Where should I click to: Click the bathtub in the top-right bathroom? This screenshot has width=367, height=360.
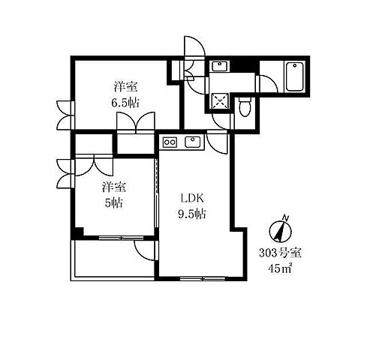point(294,76)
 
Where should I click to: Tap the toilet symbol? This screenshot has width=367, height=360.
point(245,106)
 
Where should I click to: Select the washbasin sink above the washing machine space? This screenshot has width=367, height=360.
point(220,66)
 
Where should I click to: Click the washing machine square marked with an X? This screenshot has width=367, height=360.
point(220,101)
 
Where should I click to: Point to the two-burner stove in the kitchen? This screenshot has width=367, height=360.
point(170,142)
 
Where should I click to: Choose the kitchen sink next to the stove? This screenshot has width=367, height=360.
point(192,142)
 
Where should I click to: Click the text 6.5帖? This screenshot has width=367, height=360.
point(125,103)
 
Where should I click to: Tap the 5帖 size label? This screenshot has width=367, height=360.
point(113,202)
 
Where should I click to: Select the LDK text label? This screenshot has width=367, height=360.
point(192,199)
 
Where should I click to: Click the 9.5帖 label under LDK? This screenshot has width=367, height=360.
point(192,214)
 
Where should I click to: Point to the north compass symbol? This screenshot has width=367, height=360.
point(280,230)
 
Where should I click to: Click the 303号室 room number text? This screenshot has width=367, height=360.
point(280,253)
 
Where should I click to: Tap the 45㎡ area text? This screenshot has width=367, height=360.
point(280,268)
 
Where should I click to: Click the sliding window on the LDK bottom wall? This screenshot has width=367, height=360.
point(203,278)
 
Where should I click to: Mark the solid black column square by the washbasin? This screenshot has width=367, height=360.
point(244,66)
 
